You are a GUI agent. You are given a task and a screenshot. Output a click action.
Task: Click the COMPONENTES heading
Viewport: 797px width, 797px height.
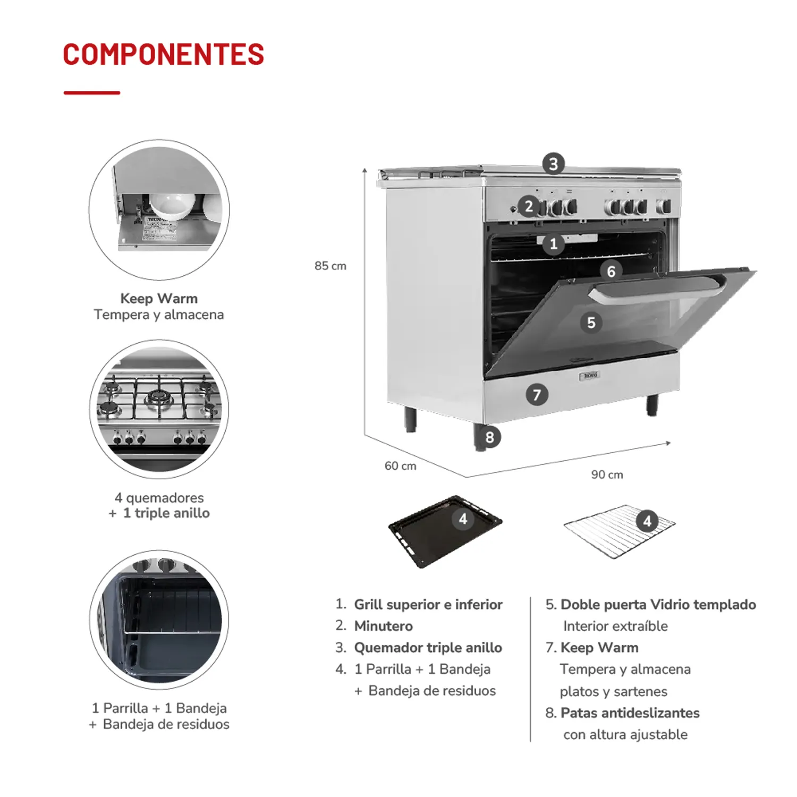pos(164,55)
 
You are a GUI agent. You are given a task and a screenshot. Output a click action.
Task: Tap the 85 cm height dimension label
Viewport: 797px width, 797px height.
pos(330,266)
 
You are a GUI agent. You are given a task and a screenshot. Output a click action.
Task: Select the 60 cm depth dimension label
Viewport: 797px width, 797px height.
pos(401,466)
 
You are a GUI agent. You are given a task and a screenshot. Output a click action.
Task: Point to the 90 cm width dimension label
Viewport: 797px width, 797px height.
pos(607,474)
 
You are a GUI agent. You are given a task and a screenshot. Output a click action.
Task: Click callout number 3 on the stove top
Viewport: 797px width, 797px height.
pos(554,164)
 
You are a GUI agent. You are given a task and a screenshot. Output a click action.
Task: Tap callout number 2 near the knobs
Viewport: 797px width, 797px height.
pos(529,206)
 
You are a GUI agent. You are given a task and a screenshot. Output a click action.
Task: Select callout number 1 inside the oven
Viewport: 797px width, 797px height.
pos(554,244)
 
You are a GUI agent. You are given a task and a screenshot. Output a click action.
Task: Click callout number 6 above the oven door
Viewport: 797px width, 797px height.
pos(611,272)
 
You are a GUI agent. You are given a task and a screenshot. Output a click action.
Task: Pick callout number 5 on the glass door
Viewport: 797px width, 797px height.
pos(591,323)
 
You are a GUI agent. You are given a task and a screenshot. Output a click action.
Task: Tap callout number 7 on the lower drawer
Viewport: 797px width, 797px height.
pos(537,395)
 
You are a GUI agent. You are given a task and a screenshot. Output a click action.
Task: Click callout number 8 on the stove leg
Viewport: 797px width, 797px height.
pos(489,437)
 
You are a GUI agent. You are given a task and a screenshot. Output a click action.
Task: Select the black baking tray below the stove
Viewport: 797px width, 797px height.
pos(445,531)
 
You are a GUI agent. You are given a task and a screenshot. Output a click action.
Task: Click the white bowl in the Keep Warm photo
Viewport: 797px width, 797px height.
pos(173,205)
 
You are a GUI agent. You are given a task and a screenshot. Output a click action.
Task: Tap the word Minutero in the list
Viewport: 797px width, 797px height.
pos(383,626)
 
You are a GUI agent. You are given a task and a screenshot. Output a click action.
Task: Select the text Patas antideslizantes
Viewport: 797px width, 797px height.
pos(630,713)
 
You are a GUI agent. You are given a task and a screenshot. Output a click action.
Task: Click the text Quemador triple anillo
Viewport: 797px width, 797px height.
pos(428,648)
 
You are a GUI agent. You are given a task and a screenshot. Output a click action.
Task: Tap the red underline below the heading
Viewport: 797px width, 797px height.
pos(92,92)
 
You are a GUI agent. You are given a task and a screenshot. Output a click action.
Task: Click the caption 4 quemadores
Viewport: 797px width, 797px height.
pos(159,498)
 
